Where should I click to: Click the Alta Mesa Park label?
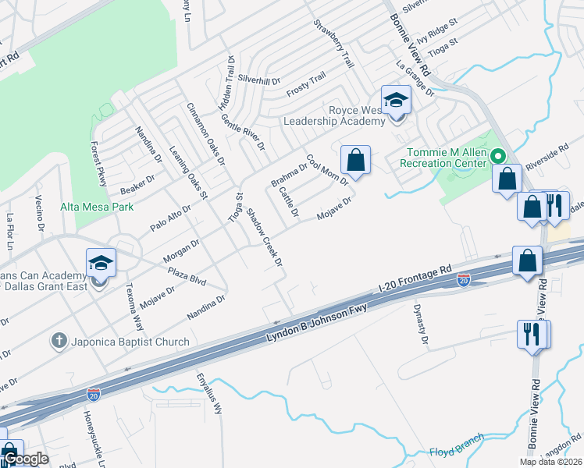click(97, 207)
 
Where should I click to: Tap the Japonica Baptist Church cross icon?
click(57, 341)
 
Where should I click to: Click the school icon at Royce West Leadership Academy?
click(396, 101)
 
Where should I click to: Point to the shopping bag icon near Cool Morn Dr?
click(355, 160)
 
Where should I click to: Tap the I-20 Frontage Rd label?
click(414, 278)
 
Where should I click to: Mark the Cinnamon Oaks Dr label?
click(206, 134)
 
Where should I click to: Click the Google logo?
click(25, 459)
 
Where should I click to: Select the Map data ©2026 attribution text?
click(550, 462)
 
